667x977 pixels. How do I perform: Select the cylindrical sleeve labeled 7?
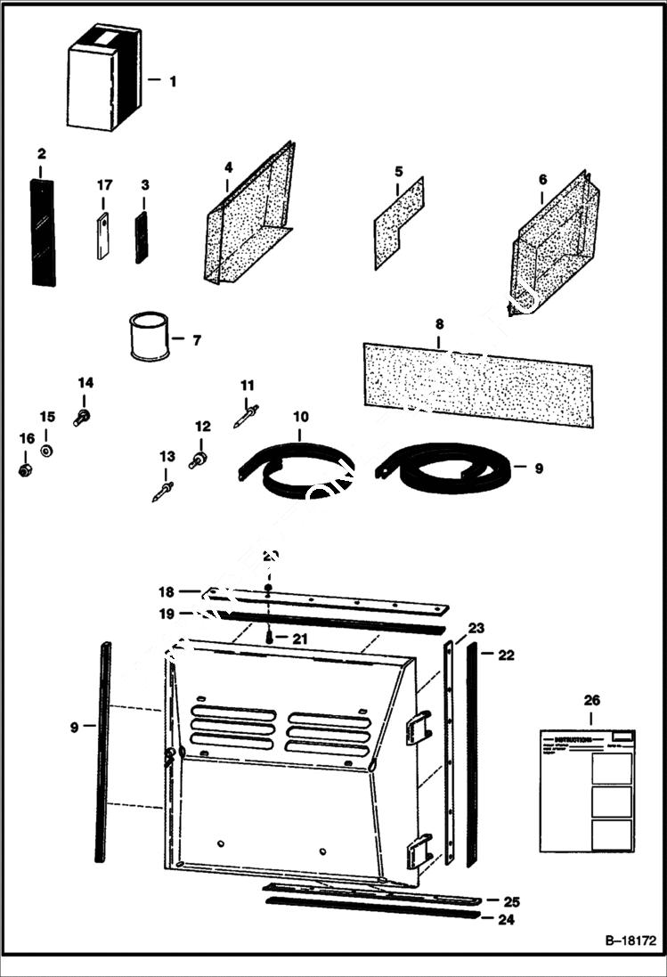point(149,338)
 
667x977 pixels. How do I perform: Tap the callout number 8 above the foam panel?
point(439,324)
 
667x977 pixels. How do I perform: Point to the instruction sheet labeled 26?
point(588,789)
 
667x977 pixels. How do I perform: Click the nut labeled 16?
point(25,468)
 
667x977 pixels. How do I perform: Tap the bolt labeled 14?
point(82,416)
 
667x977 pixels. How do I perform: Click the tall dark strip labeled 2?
point(43,232)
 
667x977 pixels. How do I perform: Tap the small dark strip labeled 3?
point(141,238)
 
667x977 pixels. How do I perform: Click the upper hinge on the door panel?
point(416,728)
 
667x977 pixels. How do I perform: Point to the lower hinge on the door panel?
point(417,851)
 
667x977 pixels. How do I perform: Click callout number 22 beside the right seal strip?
point(506,655)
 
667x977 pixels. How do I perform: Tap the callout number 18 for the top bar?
point(166,591)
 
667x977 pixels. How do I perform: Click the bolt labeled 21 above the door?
point(269,637)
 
